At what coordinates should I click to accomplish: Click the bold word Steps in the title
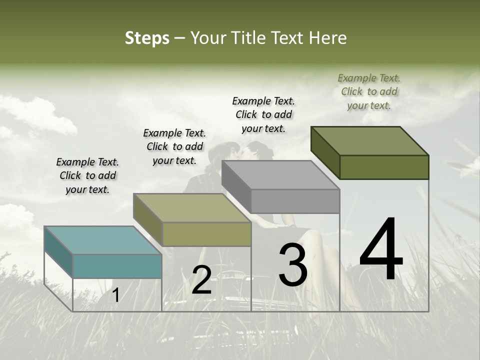pos(147,38)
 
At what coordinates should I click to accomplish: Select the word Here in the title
pos(327,38)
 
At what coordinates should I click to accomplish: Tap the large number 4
pos(381,250)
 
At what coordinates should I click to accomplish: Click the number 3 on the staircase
pos(293,265)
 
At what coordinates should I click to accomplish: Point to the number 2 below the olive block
pos(201,280)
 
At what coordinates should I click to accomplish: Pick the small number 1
pos(115,295)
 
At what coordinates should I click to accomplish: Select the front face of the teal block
pos(117,266)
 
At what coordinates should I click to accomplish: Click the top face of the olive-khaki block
pos(192,207)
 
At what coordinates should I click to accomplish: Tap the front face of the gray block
pos(295,201)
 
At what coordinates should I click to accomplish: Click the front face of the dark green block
pos(384,167)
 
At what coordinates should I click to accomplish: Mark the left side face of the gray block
pos(236,185)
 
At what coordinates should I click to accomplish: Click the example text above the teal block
pos(87,175)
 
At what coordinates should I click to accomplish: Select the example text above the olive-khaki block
pos(174,146)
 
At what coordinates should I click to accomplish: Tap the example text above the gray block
pos(263,114)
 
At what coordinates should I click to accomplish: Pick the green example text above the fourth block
pos(369,91)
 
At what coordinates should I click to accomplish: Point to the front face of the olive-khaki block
pos(206,234)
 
